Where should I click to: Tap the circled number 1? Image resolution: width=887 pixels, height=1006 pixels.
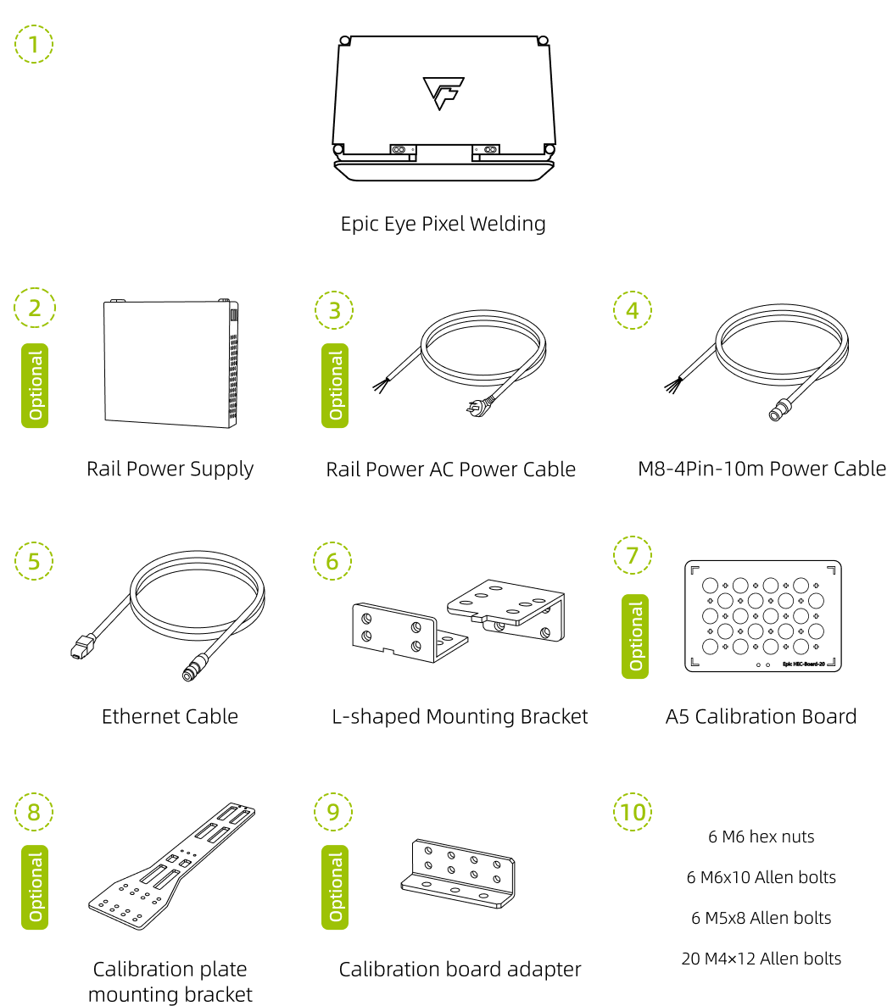34,44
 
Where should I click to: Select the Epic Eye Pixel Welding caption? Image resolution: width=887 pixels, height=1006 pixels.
443,224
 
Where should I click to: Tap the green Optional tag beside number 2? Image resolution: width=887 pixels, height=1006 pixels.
35,385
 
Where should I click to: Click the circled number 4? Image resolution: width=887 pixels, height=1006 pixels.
633,310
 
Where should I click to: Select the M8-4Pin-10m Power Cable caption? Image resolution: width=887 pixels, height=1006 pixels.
761,469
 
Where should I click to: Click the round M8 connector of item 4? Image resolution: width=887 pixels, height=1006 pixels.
775,414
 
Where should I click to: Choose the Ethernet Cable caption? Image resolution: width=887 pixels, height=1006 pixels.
170,716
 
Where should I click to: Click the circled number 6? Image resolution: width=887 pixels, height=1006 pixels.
332,561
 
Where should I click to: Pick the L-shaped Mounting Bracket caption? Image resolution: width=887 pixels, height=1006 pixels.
460,716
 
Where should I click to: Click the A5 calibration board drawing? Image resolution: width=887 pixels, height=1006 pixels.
762,616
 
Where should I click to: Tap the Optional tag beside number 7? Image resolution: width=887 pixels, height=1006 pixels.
635,636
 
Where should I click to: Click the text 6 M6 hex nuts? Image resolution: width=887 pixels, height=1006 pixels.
761,836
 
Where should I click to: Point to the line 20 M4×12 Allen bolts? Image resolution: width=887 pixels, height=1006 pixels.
761,959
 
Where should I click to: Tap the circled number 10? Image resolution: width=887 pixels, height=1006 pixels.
633,812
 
